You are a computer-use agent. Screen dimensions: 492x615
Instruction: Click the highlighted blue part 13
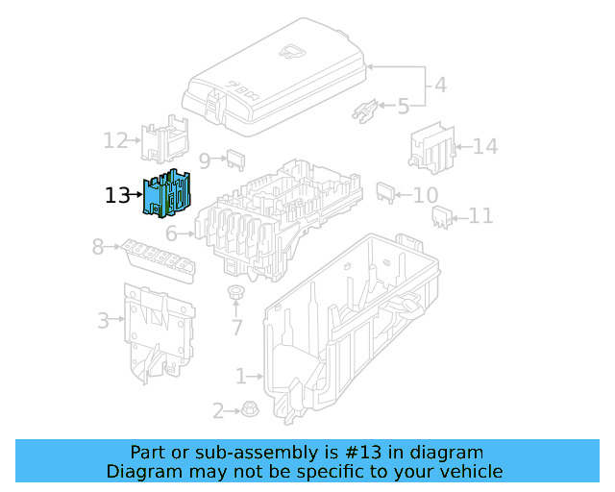(171, 194)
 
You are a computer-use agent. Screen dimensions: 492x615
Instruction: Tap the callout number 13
(116, 196)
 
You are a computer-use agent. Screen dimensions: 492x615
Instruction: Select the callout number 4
(440, 85)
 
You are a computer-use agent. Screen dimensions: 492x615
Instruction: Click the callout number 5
(403, 106)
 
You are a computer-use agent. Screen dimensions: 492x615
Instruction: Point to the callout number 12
(115, 141)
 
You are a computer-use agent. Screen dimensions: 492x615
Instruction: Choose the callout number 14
(485, 147)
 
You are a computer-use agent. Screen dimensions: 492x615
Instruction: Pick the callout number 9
(204, 160)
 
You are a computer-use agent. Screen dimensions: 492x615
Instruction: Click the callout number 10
(425, 195)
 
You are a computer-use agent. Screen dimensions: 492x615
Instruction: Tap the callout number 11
(480, 216)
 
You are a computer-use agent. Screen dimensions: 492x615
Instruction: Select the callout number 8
(97, 247)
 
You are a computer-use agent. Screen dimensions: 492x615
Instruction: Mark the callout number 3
(103, 320)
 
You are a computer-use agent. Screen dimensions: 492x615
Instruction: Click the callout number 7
(235, 328)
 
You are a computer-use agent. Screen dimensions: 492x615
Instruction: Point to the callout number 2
(218, 411)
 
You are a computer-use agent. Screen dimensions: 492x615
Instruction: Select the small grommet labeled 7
(235, 292)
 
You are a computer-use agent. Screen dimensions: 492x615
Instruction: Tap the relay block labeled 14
(431, 146)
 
